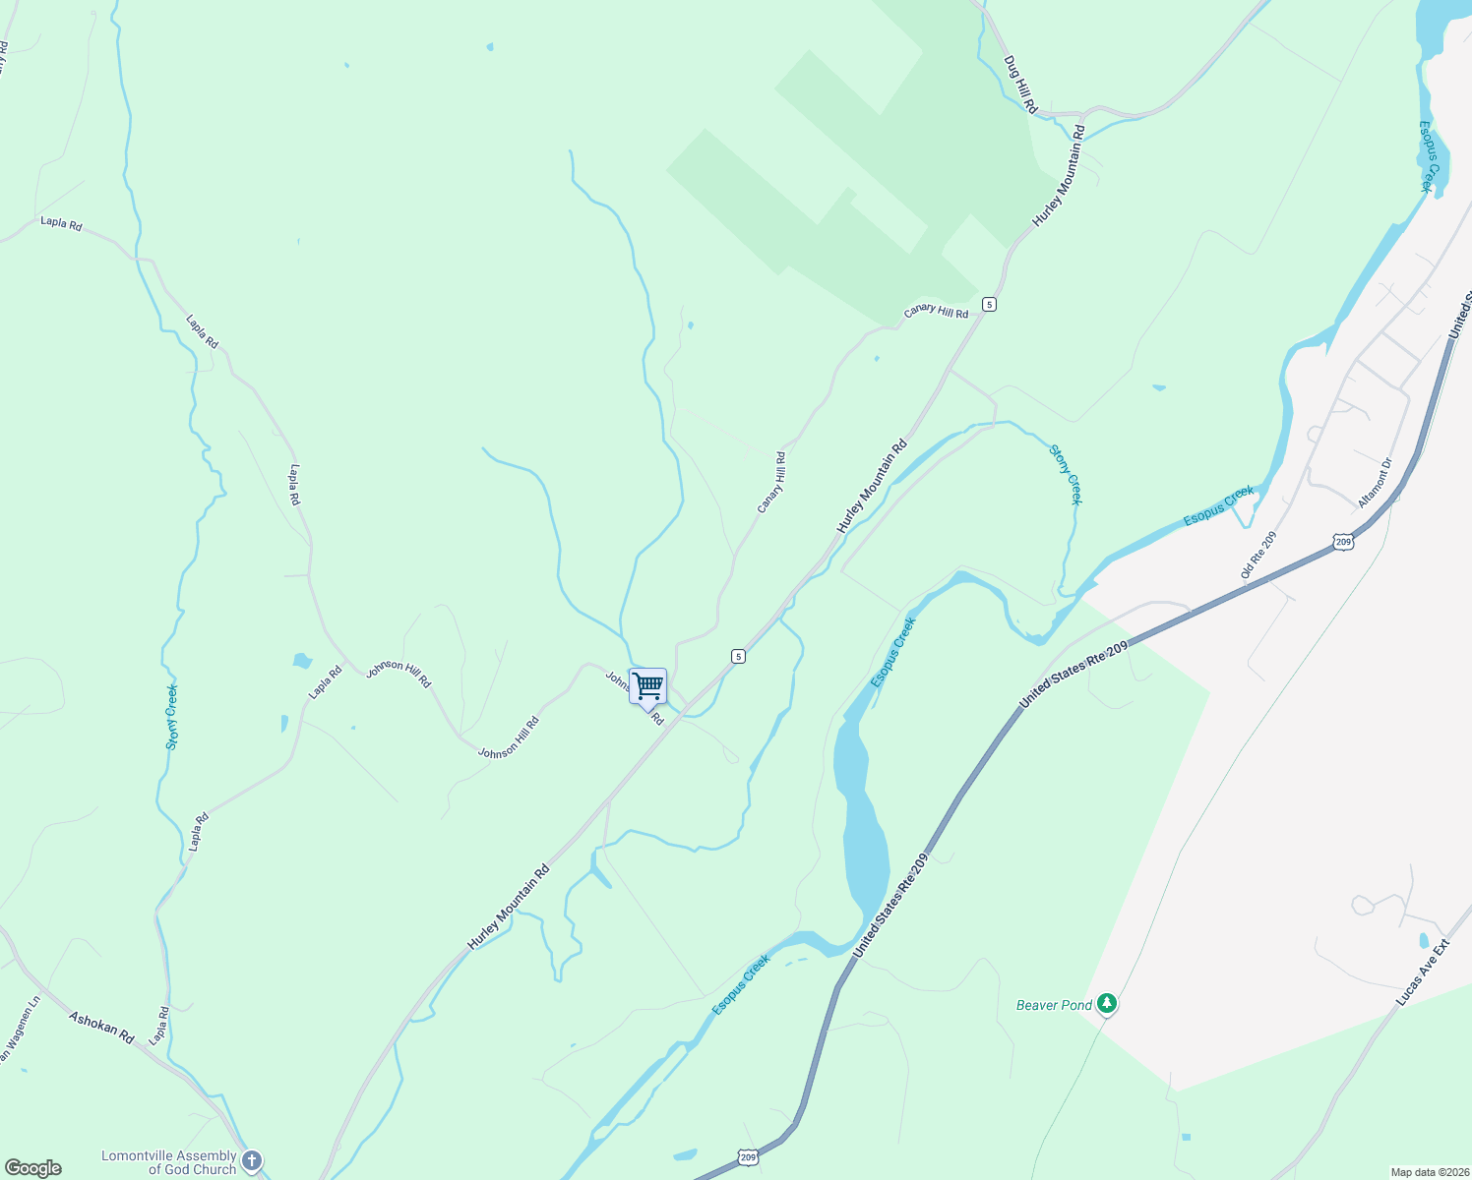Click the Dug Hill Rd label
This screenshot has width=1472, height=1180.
pyautogui.click(x=1020, y=84)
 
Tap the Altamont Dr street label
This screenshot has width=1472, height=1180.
pyautogui.click(x=1375, y=483)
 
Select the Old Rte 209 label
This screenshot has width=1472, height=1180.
pyautogui.click(x=1258, y=556)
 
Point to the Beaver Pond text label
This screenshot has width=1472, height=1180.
pyautogui.click(x=1054, y=1005)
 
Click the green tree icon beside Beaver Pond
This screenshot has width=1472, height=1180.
pyautogui.click(x=1108, y=1004)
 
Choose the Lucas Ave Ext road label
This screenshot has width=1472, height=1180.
pyautogui.click(x=1422, y=973)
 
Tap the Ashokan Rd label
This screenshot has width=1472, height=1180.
pyautogui.click(x=100, y=1027)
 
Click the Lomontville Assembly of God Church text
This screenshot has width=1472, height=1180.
pyautogui.click(x=169, y=1162)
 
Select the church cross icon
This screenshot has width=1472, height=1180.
pyautogui.click(x=252, y=1161)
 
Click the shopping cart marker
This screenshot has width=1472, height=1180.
pyautogui.click(x=647, y=686)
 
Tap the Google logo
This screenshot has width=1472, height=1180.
pyautogui.click(x=32, y=1168)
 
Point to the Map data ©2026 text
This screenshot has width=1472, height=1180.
pyautogui.click(x=1429, y=1172)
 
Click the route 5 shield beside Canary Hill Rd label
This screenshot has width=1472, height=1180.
pyautogui.click(x=989, y=305)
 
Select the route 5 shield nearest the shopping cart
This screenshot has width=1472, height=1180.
pyautogui.click(x=738, y=656)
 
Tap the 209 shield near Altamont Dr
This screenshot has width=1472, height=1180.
pyautogui.click(x=1344, y=542)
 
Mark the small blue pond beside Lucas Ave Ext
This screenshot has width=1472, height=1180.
pyautogui.click(x=1423, y=941)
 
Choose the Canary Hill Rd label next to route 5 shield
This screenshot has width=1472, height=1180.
pyautogui.click(x=936, y=312)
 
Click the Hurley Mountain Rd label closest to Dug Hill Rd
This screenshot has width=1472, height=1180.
pyautogui.click(x=1059, y=176)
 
